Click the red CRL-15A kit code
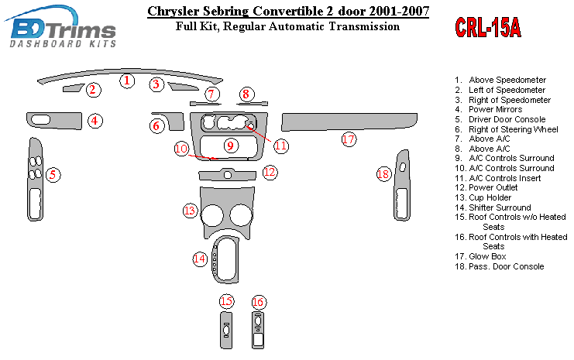(488, 28)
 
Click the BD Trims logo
(61, 27)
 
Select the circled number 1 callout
(127, 81)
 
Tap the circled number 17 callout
(349, 139)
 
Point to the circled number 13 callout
(190, 211)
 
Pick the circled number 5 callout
(53, 175)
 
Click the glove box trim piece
(349, 122)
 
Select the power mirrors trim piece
(54, 121)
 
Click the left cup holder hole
(211, 215)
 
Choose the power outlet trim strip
(227, 175)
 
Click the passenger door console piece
(402, 185)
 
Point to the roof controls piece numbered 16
(258, 330)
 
